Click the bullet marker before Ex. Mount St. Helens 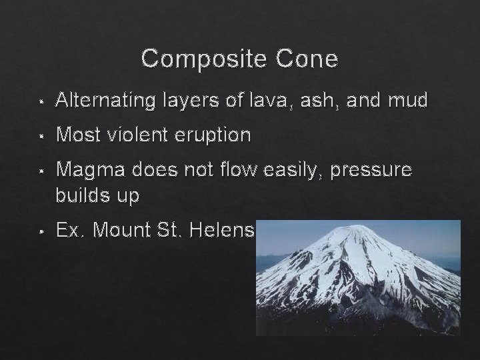click(x=41, y=232)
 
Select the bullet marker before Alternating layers click(x=41, y=102)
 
